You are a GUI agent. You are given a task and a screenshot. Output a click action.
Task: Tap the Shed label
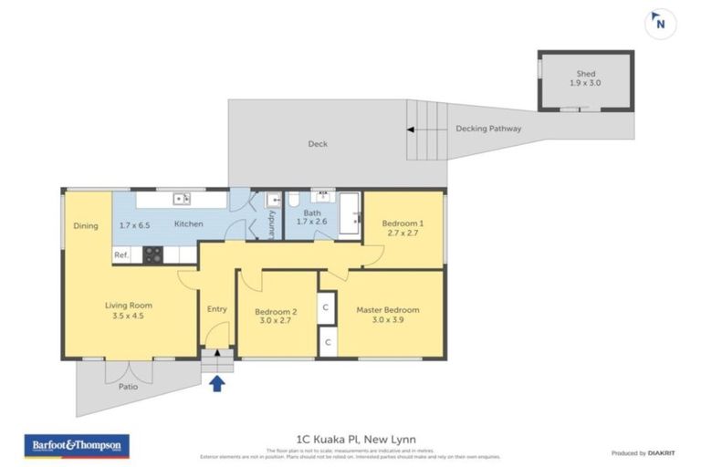click(585, 73)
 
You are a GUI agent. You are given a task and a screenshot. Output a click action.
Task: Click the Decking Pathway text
click(488, 130)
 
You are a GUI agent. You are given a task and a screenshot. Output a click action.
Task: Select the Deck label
click(317, 144)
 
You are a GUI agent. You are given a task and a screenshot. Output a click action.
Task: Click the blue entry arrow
click(217, 384)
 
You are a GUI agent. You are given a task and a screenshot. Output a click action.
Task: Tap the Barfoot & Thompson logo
click(77, 446)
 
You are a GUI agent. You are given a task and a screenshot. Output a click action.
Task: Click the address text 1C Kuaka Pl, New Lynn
click(350, 440)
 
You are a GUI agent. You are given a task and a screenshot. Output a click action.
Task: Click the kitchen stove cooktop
click(152, 256)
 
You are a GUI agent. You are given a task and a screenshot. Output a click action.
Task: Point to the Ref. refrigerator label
click(120, 256)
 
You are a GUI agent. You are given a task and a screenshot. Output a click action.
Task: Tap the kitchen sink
click(182, 197)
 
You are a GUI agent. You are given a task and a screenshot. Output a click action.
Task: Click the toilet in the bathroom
click(294, 200)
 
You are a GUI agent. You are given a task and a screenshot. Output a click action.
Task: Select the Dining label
click(86, 225)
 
